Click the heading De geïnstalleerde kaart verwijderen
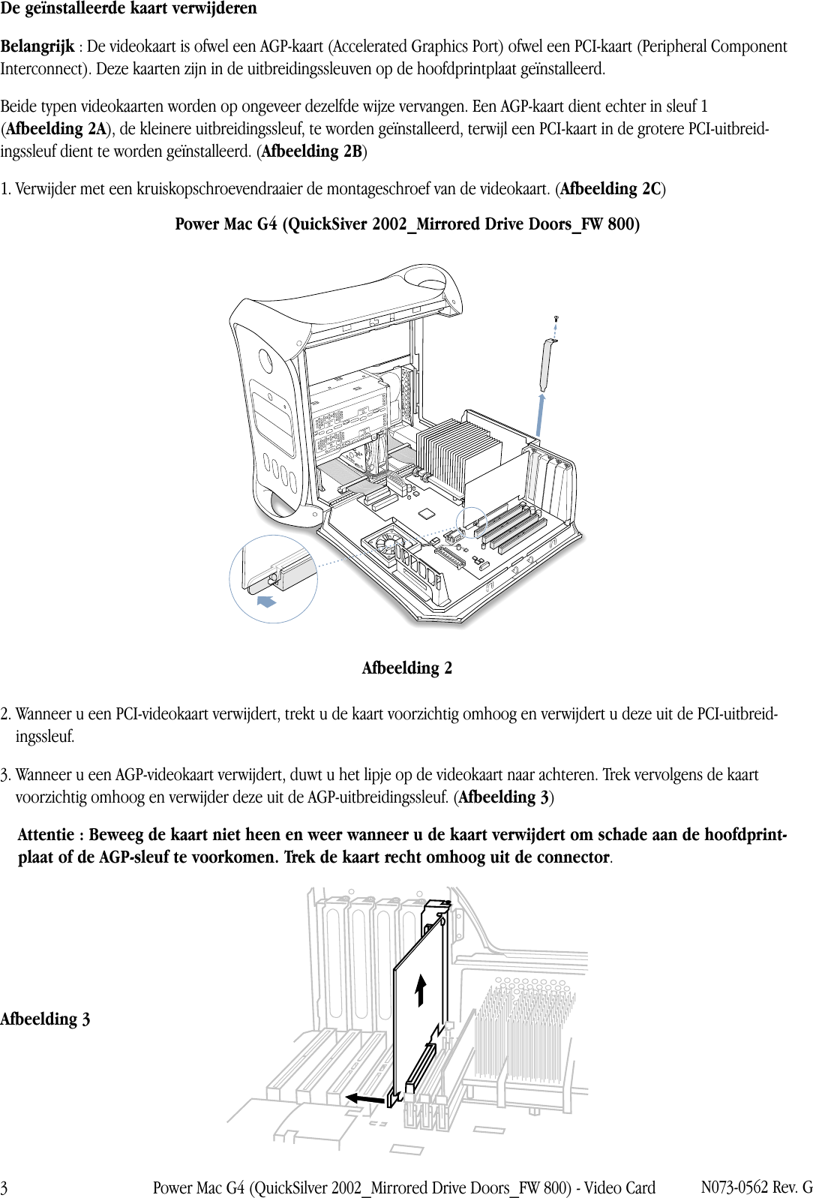128,9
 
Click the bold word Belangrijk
37,47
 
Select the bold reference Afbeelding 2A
56,129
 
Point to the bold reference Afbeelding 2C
610,189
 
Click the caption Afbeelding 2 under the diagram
406,668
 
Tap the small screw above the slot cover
556,320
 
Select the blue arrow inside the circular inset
266,602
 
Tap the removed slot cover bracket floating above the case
547,365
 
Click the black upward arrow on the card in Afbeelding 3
421,989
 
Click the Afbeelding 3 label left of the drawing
45,1019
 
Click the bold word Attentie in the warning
46,835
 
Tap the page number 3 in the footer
4,1188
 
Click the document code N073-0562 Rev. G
756,1187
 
